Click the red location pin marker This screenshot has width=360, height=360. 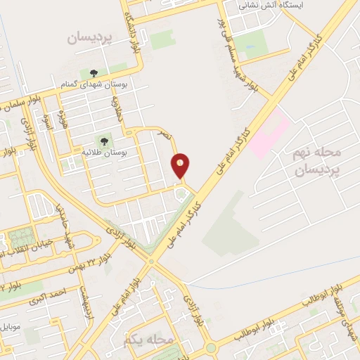pos(181,166)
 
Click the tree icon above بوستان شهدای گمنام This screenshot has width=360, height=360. pos(94,72)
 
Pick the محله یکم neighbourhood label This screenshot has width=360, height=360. pos(148,340)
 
